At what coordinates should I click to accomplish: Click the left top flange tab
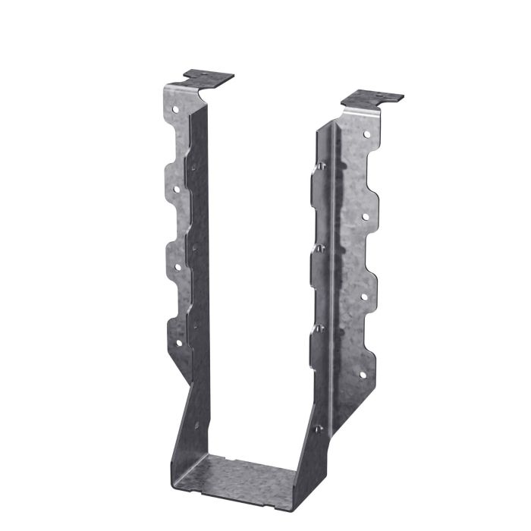(209, 77)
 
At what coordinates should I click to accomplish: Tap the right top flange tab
(372, 98)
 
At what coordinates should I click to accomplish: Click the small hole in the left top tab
(204, 74)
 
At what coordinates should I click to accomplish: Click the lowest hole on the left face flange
(179, 343)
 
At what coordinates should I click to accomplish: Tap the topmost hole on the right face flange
(366, 134)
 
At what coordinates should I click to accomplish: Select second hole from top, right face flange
(365, 217)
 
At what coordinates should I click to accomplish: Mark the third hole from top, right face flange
(363, 297)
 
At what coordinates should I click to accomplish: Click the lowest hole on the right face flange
(362, 375)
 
